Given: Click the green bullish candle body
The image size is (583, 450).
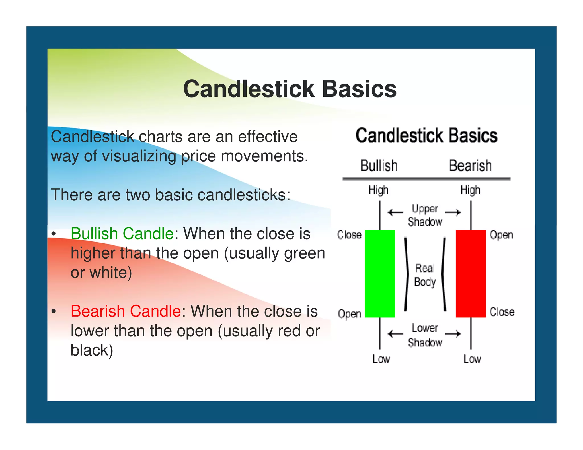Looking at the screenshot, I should pos(380,273).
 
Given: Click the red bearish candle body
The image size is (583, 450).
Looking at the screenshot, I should pos(471,273).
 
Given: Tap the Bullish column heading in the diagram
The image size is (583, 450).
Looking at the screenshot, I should pos(379,166).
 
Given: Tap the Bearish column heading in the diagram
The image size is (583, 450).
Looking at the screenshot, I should pos(470,166).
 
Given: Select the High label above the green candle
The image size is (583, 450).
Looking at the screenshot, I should pos(378,190).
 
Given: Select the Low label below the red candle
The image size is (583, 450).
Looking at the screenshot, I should pos(472,359).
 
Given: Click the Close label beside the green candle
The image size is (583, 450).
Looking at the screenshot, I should pos(349,235).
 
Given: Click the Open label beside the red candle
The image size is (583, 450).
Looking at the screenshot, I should pos(501,235).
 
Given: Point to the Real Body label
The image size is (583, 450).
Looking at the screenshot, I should pos(425,275).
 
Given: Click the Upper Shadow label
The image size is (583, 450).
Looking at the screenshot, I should pos(425,215).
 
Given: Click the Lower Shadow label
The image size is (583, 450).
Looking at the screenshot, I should pos(425,335).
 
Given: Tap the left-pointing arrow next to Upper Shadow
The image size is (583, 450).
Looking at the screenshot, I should pos(395,212).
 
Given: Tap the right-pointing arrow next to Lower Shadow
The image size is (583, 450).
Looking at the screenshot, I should pos(453,334).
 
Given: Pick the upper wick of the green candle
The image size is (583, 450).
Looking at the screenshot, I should pos(380,215).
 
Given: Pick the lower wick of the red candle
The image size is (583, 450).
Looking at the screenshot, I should pos(471,333).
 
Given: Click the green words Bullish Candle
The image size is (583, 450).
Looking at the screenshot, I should pos(122,234).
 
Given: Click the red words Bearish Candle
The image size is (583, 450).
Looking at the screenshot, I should pos(126,311).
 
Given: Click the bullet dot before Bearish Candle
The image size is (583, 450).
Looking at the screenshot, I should pos(54,311).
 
